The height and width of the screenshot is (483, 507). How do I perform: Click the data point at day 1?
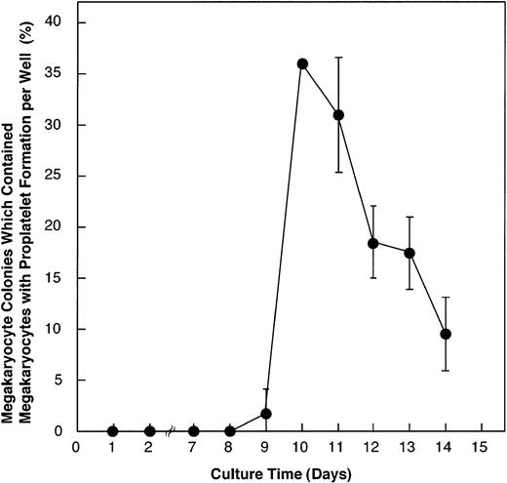point(113,431)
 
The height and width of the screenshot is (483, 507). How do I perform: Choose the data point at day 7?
point(194,431)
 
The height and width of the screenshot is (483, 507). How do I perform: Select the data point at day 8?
point(230,431)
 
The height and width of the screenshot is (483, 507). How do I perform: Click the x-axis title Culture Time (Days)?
point(278,472)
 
